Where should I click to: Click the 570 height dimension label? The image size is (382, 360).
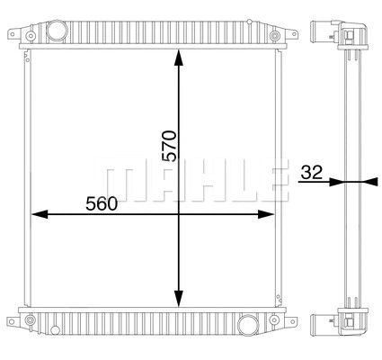(169, 145)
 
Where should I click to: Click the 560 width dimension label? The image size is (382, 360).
(102, 203)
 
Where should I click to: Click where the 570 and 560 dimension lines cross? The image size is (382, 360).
(179, 214)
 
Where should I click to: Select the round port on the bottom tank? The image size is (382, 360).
(247, 324)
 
